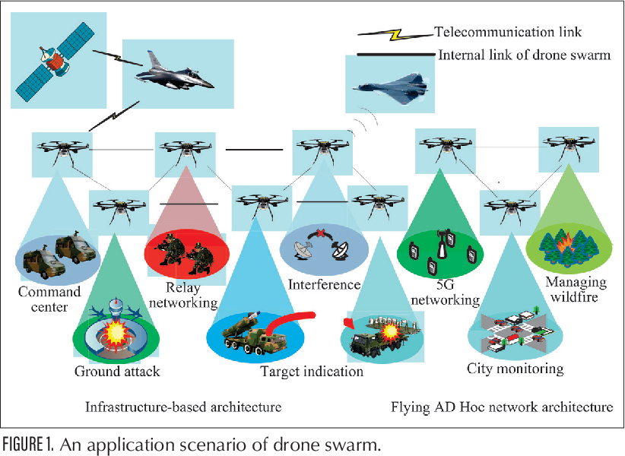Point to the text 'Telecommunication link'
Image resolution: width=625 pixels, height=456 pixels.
point(507,32)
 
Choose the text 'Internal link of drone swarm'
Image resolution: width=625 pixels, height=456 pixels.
point(524,55)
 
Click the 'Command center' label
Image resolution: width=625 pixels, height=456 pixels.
point(49,299)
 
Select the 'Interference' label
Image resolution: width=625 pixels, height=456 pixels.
point(324,285)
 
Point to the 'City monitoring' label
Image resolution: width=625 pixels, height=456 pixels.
point(515,369)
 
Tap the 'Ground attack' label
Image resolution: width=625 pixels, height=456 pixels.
point(117,372)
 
